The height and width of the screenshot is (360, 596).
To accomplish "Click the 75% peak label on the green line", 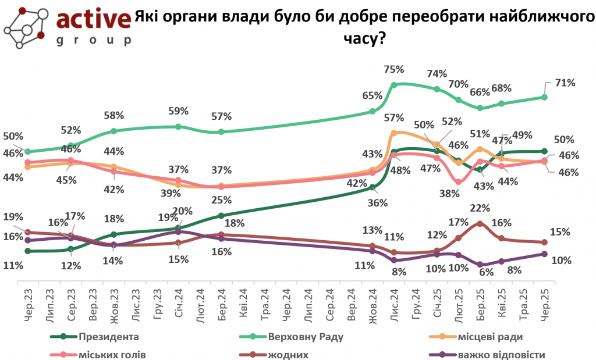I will [394, 70].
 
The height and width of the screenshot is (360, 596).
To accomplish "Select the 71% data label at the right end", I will [565, 83].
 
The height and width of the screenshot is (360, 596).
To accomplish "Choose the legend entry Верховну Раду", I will [306, 337].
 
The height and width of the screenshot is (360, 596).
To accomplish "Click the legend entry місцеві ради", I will [493, 337].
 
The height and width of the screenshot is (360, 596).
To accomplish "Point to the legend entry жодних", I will [289, 354].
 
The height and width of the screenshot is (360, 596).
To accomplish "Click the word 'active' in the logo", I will [93, 20].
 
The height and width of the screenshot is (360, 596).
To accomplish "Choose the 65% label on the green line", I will [372, 95].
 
